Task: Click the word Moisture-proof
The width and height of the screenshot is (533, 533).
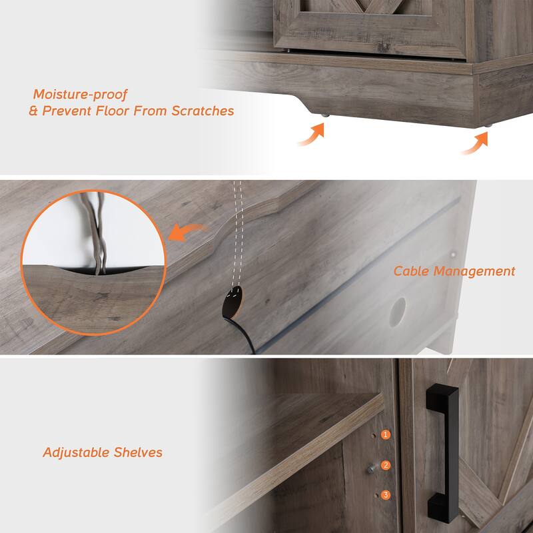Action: coord(80,94)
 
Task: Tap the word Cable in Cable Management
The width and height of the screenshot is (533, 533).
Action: coord(412,271)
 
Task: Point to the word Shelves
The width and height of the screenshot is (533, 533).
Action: coord(138,452)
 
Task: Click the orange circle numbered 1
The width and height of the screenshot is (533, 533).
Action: coord(386,434)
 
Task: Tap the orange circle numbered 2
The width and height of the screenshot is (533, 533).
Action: coord(386,466)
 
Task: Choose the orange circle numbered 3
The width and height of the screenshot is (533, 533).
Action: coord(386,495)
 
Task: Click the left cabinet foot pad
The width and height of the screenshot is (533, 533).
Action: coord(324,115)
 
